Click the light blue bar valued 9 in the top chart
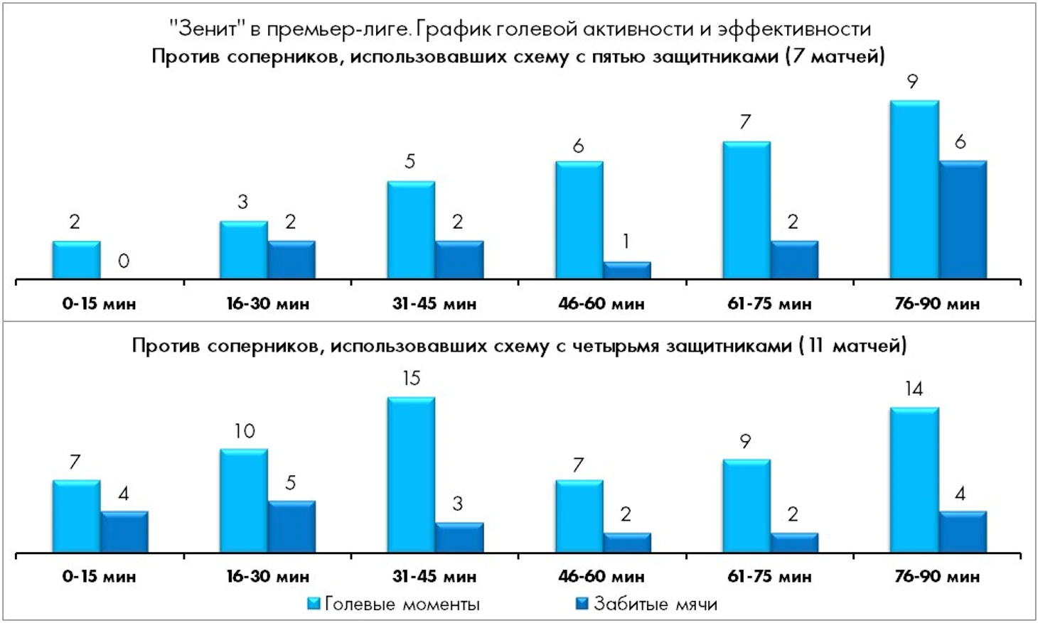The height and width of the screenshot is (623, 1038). point(914,190)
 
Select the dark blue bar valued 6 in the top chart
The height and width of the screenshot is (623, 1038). point(963,220)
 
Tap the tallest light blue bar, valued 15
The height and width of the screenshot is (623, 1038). point(411,475)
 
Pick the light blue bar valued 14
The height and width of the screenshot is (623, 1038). point(914,480)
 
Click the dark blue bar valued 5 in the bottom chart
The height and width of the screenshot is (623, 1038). point(291,526)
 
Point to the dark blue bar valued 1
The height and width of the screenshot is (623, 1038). point(626,271)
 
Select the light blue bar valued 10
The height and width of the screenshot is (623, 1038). point(243,501)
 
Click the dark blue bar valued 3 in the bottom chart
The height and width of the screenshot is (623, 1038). point(459,538)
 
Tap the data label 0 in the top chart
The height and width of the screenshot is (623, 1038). point(124,261)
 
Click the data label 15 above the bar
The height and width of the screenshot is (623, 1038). point(411,379)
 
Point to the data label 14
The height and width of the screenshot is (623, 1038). point(914,389)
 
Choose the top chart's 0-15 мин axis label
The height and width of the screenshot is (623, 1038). point(99,304)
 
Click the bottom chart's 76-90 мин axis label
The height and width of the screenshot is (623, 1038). point(936,576)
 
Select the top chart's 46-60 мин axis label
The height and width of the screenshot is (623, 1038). point(601,304)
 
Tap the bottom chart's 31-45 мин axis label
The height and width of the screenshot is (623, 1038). point(434,576)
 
